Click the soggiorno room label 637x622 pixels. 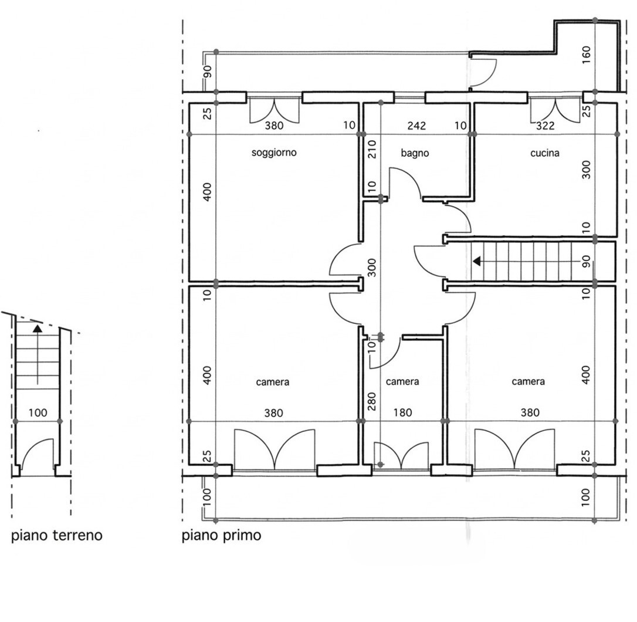coord(274,153)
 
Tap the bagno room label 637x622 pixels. coord(415,153)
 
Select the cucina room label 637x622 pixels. coord(545,153)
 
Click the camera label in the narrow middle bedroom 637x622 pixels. coord(402,382)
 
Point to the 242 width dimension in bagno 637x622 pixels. coord(416,126)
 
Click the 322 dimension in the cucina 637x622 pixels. coord(545,126)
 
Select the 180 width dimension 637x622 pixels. coord(402,413)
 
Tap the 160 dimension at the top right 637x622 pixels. coord(586,55)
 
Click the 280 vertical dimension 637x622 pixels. coord(372,401)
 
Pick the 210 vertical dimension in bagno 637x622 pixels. coord(372,149)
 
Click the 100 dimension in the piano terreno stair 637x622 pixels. coord(38,413)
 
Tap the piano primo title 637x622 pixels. coord(221,535)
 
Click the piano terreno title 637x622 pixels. coord(56,535)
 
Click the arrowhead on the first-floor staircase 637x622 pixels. coord(477,261)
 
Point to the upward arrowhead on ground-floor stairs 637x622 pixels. coord(38,329)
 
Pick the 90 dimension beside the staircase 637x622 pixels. coord(586,261)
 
